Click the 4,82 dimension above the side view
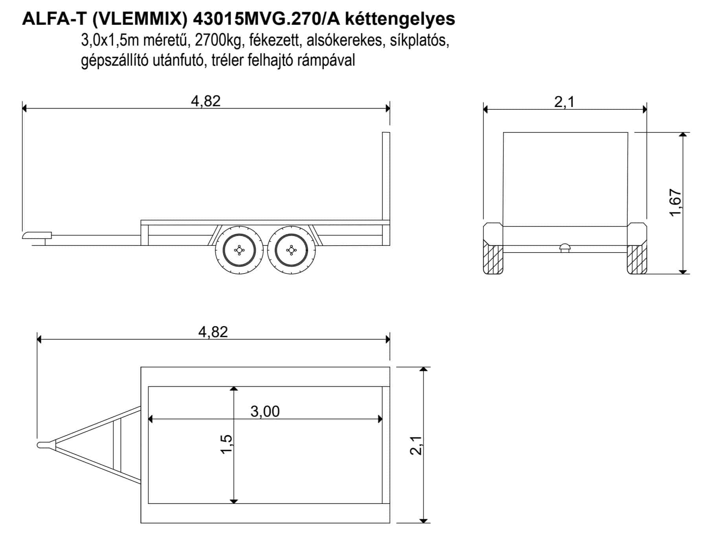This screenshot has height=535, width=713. [x=206, y=101]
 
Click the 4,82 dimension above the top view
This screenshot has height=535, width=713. [x=213, y=332]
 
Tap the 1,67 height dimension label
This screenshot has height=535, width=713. [x=676, y=203]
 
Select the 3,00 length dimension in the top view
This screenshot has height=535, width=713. [x=265, y=411]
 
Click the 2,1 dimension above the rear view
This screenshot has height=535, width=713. [x=564, y=102]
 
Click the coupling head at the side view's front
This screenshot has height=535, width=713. [x=37, y=235]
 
